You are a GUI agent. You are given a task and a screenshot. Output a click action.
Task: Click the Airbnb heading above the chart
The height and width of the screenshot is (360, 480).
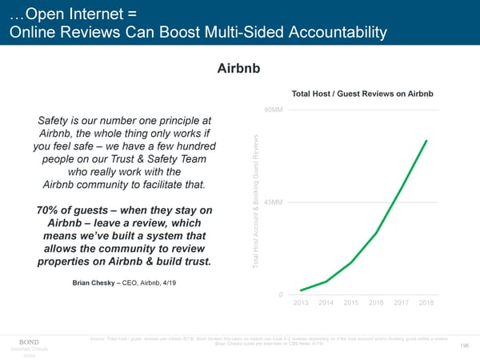(239, 69)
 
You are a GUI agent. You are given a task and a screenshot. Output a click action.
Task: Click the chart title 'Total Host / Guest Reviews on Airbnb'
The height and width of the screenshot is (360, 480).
(363, 94)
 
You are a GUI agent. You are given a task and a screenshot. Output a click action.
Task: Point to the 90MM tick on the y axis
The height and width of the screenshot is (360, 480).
(274, 110)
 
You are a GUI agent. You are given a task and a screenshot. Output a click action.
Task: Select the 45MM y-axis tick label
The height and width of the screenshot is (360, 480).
(274, 202)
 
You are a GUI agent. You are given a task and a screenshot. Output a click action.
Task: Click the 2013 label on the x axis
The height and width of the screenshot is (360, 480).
(302, 302)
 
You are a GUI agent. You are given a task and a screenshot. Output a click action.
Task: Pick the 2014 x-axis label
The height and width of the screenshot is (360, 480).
(326, 302)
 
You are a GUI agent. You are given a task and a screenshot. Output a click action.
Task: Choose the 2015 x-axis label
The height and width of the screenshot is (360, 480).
(351, 302)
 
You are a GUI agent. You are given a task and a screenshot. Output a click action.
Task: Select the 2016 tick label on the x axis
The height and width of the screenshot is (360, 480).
(376, 302)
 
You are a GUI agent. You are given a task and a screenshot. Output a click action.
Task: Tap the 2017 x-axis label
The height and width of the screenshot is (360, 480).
(401, 302)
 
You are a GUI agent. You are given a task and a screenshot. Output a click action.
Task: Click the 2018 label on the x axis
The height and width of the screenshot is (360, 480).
(426, 302)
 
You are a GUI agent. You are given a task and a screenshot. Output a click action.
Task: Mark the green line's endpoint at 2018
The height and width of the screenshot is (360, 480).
(426, 141)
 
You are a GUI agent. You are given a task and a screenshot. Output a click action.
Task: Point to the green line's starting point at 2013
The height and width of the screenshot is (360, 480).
(302, 290)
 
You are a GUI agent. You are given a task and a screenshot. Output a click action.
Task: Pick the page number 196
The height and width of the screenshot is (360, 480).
(465, 345)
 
